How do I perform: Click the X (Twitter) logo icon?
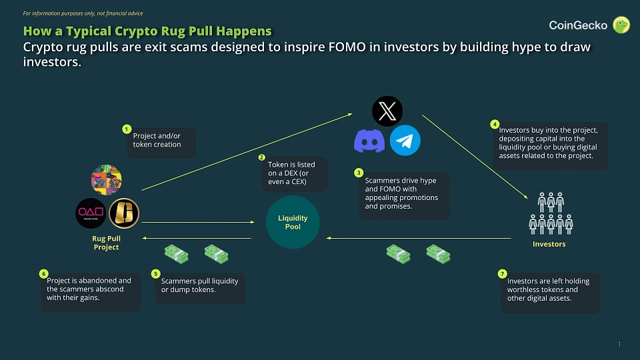click(x=387, y=111)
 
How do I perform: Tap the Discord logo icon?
click(x=369, y=141)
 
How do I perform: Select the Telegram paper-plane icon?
click(x=405, y=141)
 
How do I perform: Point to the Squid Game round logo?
click(x=90, y=213)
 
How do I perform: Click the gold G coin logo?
click(x=124, y=213)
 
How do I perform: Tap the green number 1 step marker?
click(x=127, y=129)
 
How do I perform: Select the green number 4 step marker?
click(x=494, y=124)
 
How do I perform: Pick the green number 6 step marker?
click(x=44, y=273)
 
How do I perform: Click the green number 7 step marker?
click(x=502, y=273)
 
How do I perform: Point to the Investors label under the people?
click(x=549, y=244)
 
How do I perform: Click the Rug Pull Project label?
click(x=106, y=243)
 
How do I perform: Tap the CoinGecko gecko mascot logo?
click(x=621, y=25)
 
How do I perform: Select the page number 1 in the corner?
click(x=619, y=344)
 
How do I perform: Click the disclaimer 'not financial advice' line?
click(x=83, y=13)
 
